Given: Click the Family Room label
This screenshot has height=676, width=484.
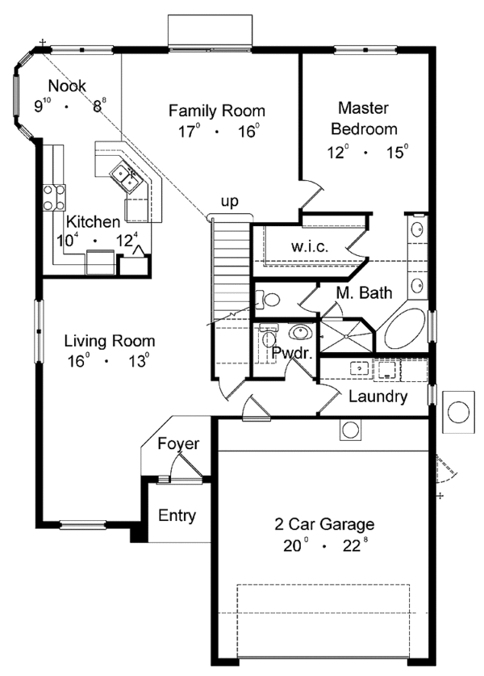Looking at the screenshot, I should coord(216,111).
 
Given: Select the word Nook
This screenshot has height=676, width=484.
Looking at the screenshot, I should coord(68,86).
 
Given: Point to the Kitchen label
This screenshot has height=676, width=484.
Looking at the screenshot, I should coord(94,221).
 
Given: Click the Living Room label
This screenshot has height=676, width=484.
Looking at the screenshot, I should coord(110,341).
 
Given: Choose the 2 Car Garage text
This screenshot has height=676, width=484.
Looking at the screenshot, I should coord(322,523).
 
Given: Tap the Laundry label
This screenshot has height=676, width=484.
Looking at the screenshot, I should coord(378,397).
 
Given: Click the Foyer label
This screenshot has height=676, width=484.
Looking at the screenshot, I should coord(177,443).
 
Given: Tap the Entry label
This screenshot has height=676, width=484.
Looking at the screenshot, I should coord(176,515).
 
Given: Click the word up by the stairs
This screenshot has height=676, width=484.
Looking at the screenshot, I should coord(230,202).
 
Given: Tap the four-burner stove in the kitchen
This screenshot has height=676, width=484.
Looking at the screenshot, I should coord(54,199).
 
